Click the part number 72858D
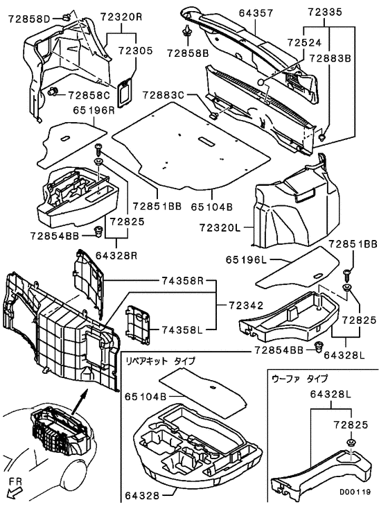(x=28, y=19)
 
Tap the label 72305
(x=135, y=51)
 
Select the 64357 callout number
(x=256, y=13)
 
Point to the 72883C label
(x=163, y=95)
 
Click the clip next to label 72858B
(x=187, y=33)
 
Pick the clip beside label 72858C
(x=53, y=92)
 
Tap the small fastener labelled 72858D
(x=66, y=17)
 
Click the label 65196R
(x=94, y=110)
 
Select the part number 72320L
(x=220, y=228)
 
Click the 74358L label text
(x=182, y=330)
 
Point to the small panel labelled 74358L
(x=138, y=323)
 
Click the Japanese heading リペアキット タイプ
(x=160, y=361)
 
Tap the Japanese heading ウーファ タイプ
(x=300, y=378)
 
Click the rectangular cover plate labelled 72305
(x=125, y=92)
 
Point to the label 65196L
(x=247, y=259)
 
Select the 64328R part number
(x=116, y=255)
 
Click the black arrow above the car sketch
(x=80, y=402)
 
